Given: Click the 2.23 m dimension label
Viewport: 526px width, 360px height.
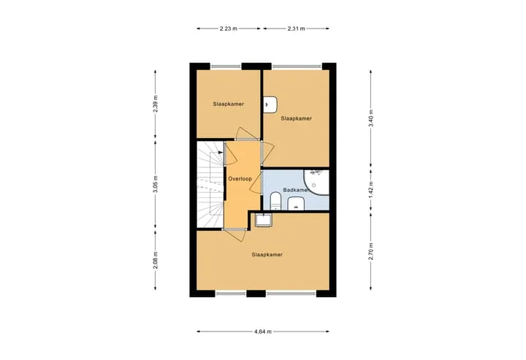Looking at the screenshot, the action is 229,28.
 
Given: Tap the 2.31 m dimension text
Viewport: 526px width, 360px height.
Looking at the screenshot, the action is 296,28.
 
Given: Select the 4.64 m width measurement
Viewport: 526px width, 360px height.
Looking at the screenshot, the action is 263,332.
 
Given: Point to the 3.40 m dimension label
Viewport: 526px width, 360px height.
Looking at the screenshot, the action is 370,118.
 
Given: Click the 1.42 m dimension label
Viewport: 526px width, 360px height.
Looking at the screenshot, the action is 370,190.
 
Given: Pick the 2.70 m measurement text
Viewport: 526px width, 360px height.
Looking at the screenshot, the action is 370,251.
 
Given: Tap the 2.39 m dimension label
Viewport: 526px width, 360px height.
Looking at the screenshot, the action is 156,104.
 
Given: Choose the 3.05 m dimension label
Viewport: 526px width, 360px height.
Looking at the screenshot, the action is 156,184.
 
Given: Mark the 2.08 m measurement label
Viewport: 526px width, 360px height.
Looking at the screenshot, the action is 156,260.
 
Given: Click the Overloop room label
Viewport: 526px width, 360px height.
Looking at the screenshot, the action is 240,179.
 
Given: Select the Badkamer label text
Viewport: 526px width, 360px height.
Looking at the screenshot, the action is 296,190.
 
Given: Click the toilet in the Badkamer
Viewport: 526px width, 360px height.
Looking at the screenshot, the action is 275,201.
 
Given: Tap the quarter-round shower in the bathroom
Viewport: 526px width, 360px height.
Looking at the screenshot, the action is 316,182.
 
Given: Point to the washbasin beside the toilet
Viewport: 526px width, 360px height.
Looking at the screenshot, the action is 296,204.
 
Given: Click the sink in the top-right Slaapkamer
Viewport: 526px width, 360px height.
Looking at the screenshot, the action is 270,104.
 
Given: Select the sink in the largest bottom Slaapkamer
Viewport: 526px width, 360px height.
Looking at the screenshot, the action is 264,220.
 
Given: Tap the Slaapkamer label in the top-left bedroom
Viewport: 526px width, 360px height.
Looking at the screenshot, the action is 229,104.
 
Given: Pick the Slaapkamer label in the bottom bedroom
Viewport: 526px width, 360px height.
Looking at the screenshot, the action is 267,254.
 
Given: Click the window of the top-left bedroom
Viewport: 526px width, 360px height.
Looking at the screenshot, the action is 226,66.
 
